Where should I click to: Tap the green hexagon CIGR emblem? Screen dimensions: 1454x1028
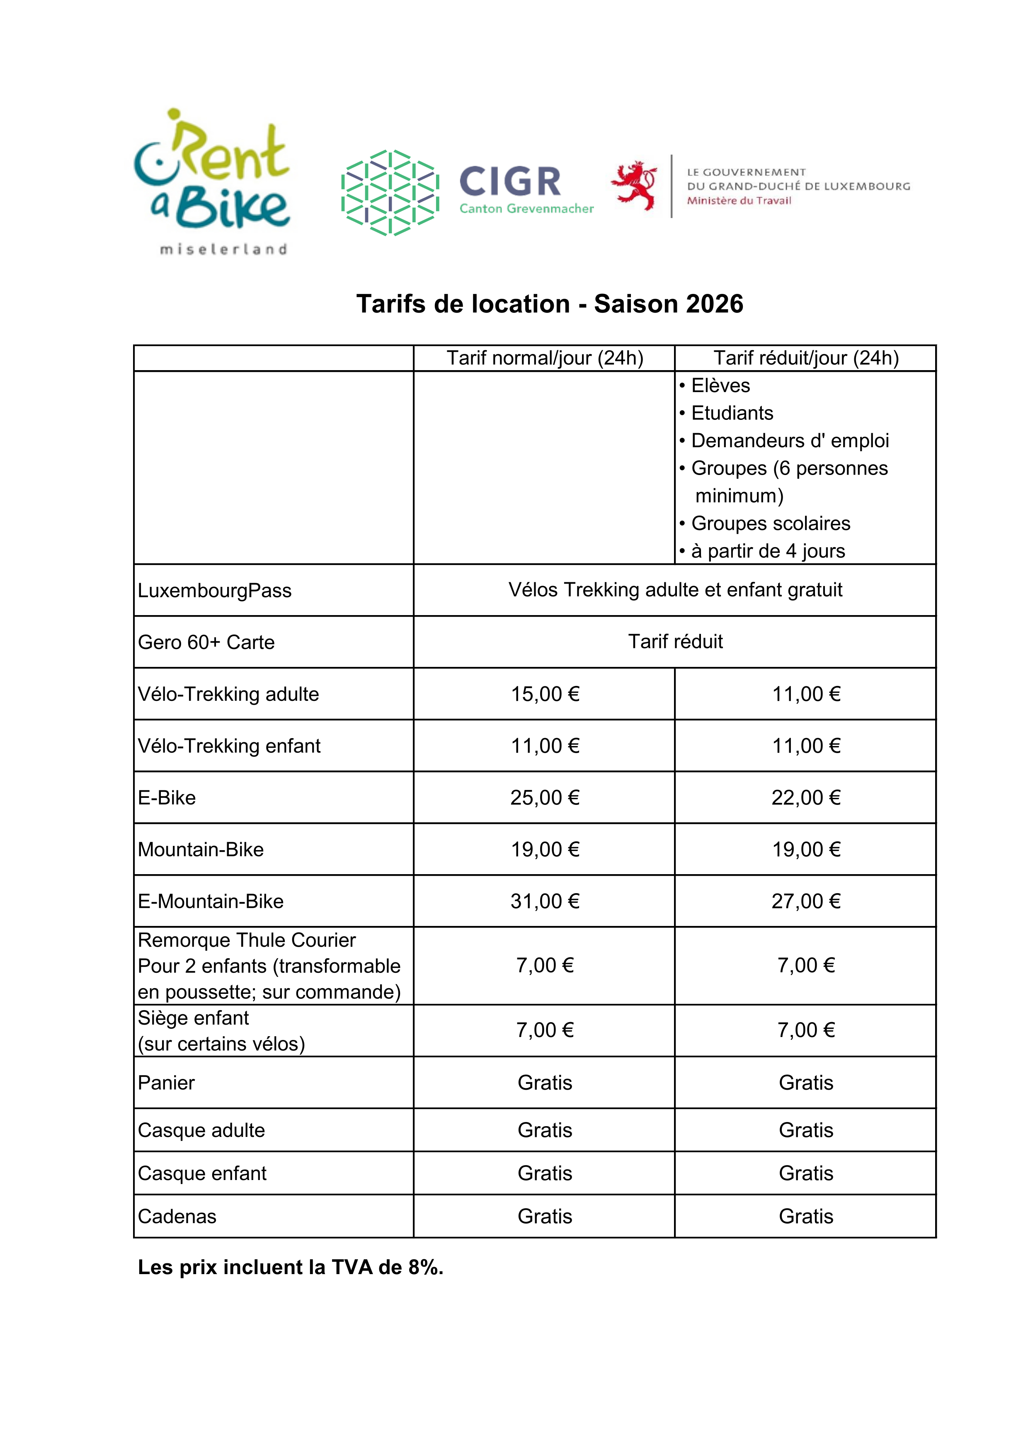390,192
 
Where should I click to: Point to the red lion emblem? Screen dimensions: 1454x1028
633,186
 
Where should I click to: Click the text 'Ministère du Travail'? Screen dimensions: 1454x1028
739,201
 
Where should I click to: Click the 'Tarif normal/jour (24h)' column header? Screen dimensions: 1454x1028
545,359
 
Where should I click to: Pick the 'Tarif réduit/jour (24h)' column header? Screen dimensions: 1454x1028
806,359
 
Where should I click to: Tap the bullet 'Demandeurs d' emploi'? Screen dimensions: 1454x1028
789,441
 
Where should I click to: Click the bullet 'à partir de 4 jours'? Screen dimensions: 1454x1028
768,551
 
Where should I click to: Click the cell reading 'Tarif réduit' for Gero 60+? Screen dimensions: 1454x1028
675,642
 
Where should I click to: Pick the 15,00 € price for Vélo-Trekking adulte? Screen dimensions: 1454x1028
545,694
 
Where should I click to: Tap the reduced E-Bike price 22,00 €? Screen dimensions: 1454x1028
806,798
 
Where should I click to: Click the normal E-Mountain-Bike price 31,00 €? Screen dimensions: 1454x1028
545,901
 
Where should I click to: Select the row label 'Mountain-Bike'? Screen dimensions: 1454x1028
201,850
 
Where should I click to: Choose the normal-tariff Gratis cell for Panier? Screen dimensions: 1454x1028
545,1083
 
